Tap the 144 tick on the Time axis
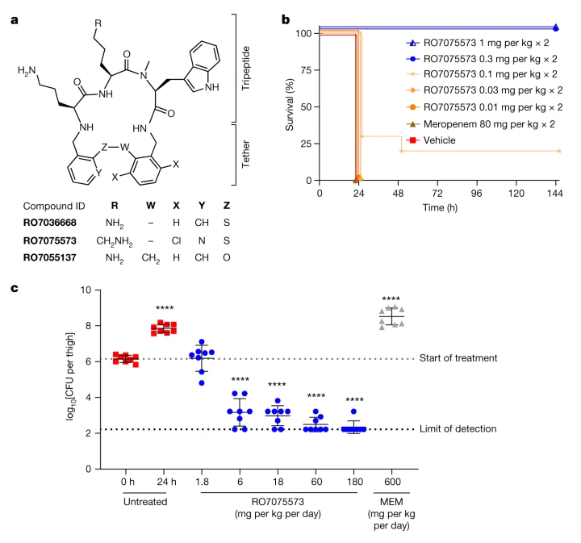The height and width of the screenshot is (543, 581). pyautogui.click(x=556, y=194)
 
